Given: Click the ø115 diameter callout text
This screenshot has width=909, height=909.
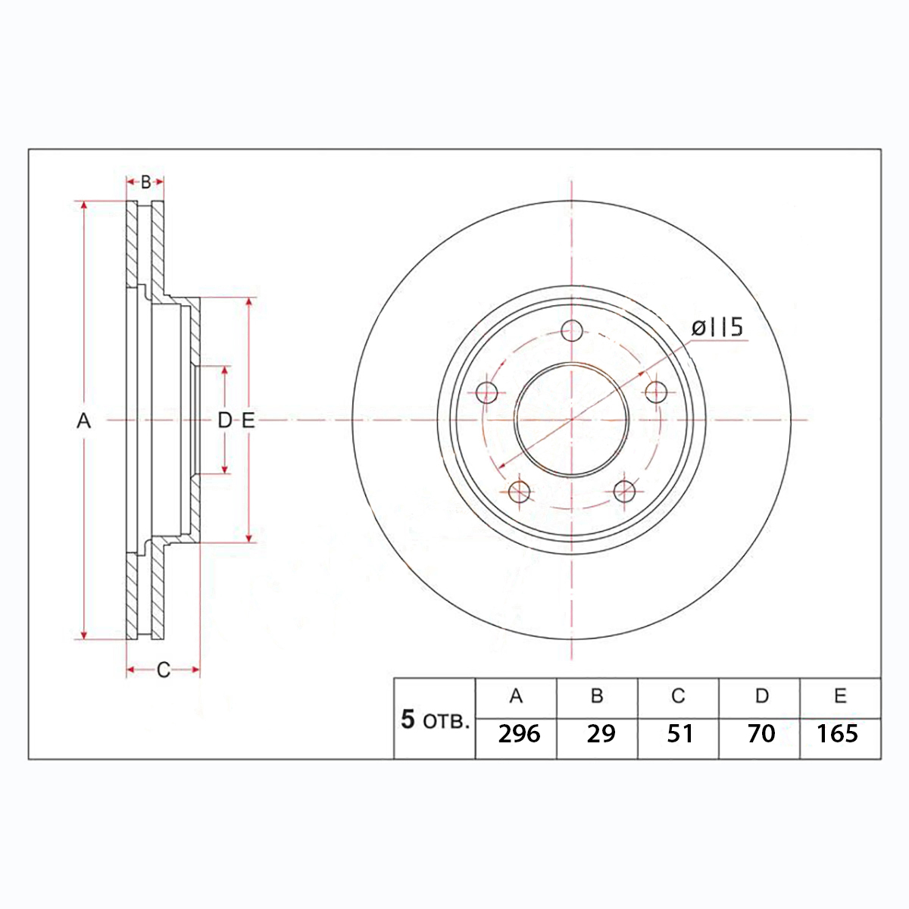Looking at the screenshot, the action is coord(717,327).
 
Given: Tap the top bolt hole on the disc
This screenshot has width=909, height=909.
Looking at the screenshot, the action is coord(572,330).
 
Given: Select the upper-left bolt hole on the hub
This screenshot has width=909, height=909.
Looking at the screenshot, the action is coord(487,392).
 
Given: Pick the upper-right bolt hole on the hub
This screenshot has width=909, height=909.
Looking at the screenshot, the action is coord(656,392).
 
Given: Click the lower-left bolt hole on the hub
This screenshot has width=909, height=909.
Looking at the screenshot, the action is coord(519,492).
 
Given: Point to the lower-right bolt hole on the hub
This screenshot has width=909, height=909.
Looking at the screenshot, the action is coord(624,492).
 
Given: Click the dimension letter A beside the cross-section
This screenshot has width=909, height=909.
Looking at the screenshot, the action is coord(83,420).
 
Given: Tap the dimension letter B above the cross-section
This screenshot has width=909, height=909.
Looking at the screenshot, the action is coord(145,182).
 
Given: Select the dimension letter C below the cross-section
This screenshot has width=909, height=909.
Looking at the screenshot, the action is coord(163,670).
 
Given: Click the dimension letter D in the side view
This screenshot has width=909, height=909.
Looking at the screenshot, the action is coord(224,420).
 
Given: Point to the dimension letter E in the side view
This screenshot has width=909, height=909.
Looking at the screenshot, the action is coord(248,420).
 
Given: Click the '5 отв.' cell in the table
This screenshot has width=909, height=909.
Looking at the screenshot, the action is coord(435,718).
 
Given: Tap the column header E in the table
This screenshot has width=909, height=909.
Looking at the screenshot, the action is coord(840,696).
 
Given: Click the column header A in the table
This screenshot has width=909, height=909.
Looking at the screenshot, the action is coord(516,696).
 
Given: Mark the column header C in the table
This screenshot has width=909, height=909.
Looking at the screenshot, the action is coord(678,696).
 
